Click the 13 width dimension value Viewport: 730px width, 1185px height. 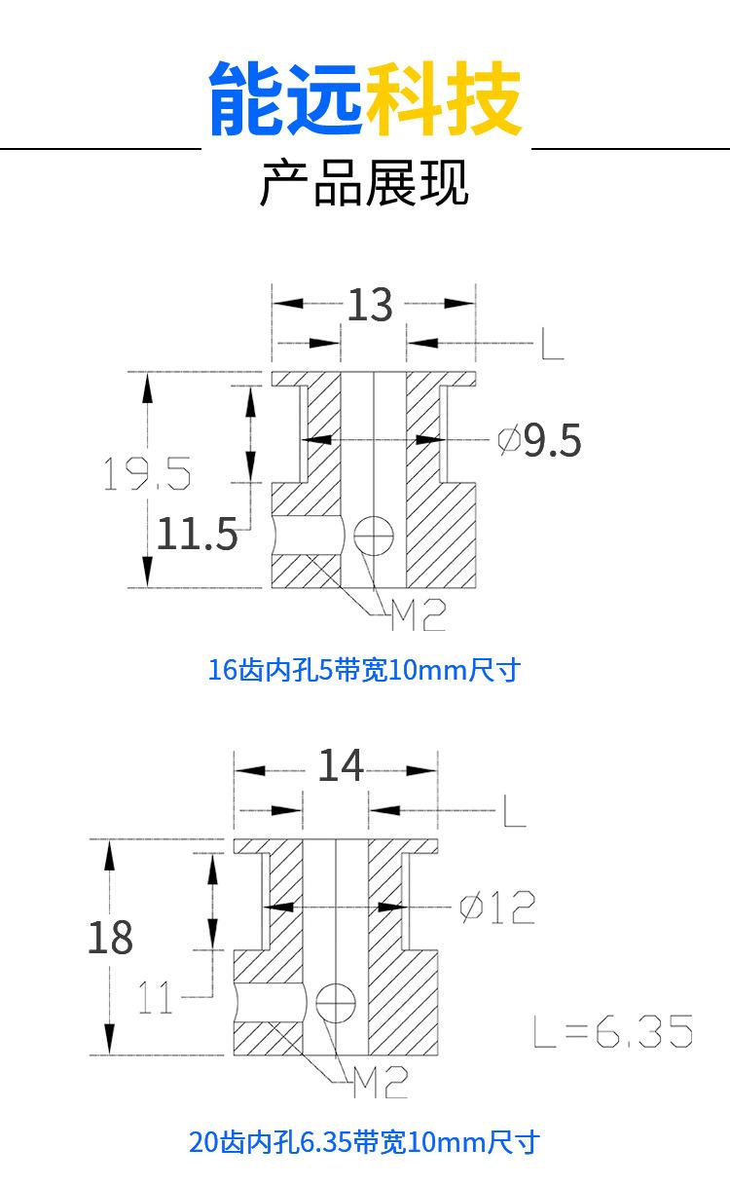[x=370, y=305]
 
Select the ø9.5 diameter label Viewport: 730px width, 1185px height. [x=540, y=441]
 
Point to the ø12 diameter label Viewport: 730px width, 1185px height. [x=497, y=907]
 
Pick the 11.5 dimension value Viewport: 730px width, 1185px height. [x=197, y=535]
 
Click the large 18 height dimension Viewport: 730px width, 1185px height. [x=110, y=938]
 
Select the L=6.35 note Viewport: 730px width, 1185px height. [x=612, y=1031]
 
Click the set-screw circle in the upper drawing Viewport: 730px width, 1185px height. [x=373, y=534]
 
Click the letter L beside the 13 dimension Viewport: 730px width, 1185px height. [x=552, y=343]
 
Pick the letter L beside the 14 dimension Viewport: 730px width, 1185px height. [x=514, y=810]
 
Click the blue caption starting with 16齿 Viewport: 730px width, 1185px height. [x=364, y=670]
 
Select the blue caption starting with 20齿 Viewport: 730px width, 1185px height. [x=364, y=1141]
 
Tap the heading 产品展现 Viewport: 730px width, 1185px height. [x=364, y=183]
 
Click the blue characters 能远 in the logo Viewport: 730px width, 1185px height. [x=285, y=99]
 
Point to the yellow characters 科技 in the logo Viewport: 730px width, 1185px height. [x=444, y=99]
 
